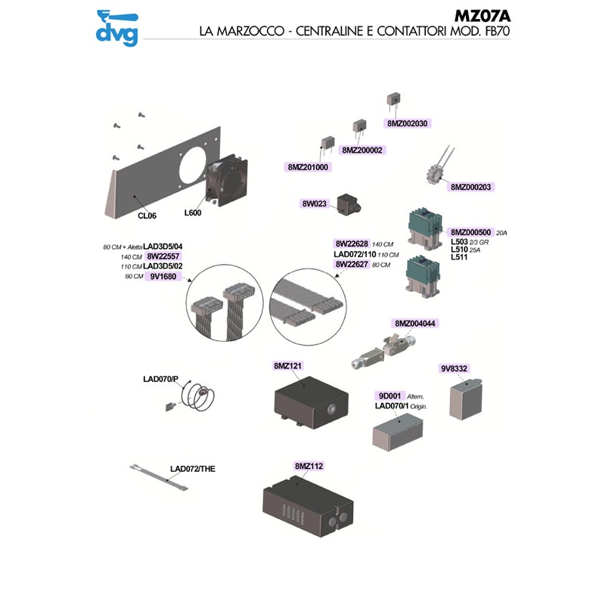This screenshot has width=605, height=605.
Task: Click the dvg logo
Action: pyautogui.click(x=116, y=27)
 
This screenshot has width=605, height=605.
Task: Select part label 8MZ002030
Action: pyautogui.click(x=407, y=123)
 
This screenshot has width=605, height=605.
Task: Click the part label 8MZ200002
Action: pyautogui.click(x=363, y=150)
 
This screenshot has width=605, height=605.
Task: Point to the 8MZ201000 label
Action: pyautogui.click(x=309, y=167)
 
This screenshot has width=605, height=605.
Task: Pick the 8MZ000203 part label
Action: pyautogui.click(x=472, y=186)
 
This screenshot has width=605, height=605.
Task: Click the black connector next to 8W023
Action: pyautogui.click(x=351, y=205)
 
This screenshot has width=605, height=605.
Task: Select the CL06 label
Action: pyautogui.click(x=147, y=216)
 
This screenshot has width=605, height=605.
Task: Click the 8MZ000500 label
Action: pyautogui.click(x=471, y=232)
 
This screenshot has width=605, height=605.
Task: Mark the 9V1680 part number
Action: pyautogui.click(x=163, y=277)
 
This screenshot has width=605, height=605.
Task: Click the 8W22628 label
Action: pyautogui.click(x=352, y=244)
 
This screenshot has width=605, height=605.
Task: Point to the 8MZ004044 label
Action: pyautogui.click(x=416, y=323)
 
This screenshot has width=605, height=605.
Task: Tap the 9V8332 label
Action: pyautogui.click(x=455, y=368)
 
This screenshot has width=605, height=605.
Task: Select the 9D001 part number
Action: pyautogui.click(x=390, y=396)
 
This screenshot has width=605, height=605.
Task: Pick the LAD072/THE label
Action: pyautogui.click(x=193, y=469)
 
